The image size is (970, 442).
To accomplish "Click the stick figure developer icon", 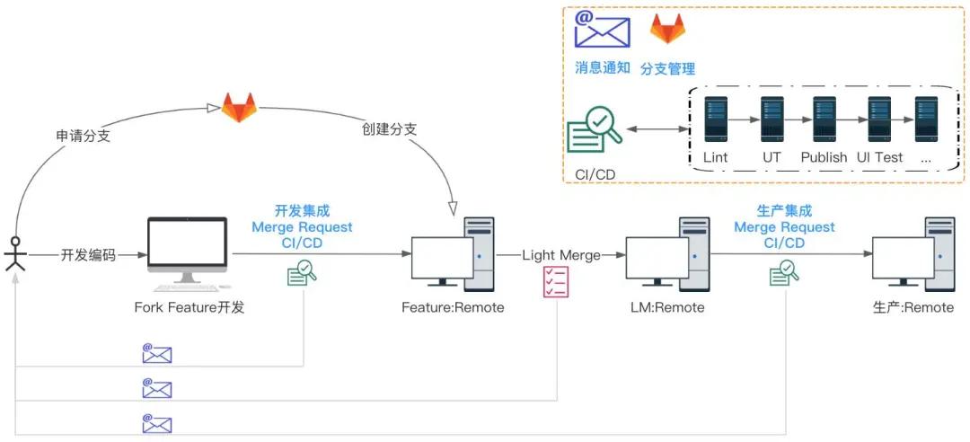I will (x=15, y=254).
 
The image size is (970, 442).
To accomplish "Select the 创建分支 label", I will (x=390, y=128).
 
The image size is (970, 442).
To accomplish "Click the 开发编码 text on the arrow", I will (x=88, y=255).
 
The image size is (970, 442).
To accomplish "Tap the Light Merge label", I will (x=561, y=255).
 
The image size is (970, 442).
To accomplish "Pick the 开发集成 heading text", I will (x=302, y=211).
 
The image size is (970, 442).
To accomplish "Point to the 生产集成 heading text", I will (x=784, y=211).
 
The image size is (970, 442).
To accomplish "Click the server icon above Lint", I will (x=715, y=119).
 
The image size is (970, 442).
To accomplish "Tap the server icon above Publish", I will (x=824, y=119).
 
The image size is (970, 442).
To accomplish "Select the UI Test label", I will (x=879, y=157).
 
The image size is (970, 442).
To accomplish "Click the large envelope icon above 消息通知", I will (x=602, y=30).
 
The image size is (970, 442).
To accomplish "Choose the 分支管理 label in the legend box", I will (x=667, y=68).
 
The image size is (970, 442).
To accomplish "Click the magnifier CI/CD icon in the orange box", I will (x=595, y=131).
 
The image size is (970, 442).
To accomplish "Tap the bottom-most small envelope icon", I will (x=157, y=423).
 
